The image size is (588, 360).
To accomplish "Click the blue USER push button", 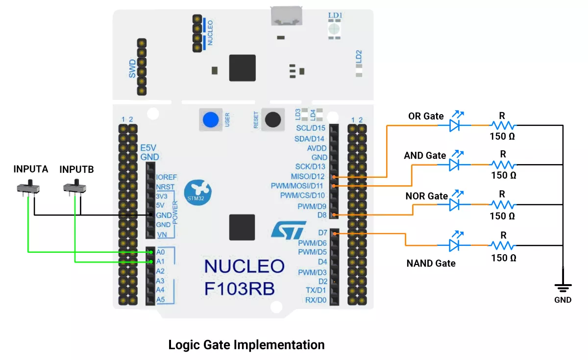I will [x=210, y=120].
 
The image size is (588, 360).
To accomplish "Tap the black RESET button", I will [x=273, y=119].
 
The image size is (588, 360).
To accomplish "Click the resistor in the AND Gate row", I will [x=503, y=165].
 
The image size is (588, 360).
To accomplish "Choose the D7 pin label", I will [x=322, y=233].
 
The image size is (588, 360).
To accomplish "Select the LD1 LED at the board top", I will [x=335, y=28].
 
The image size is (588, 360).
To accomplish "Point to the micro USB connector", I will [x=287, y=17].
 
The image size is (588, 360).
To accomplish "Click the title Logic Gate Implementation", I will [x=246, y=345].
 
